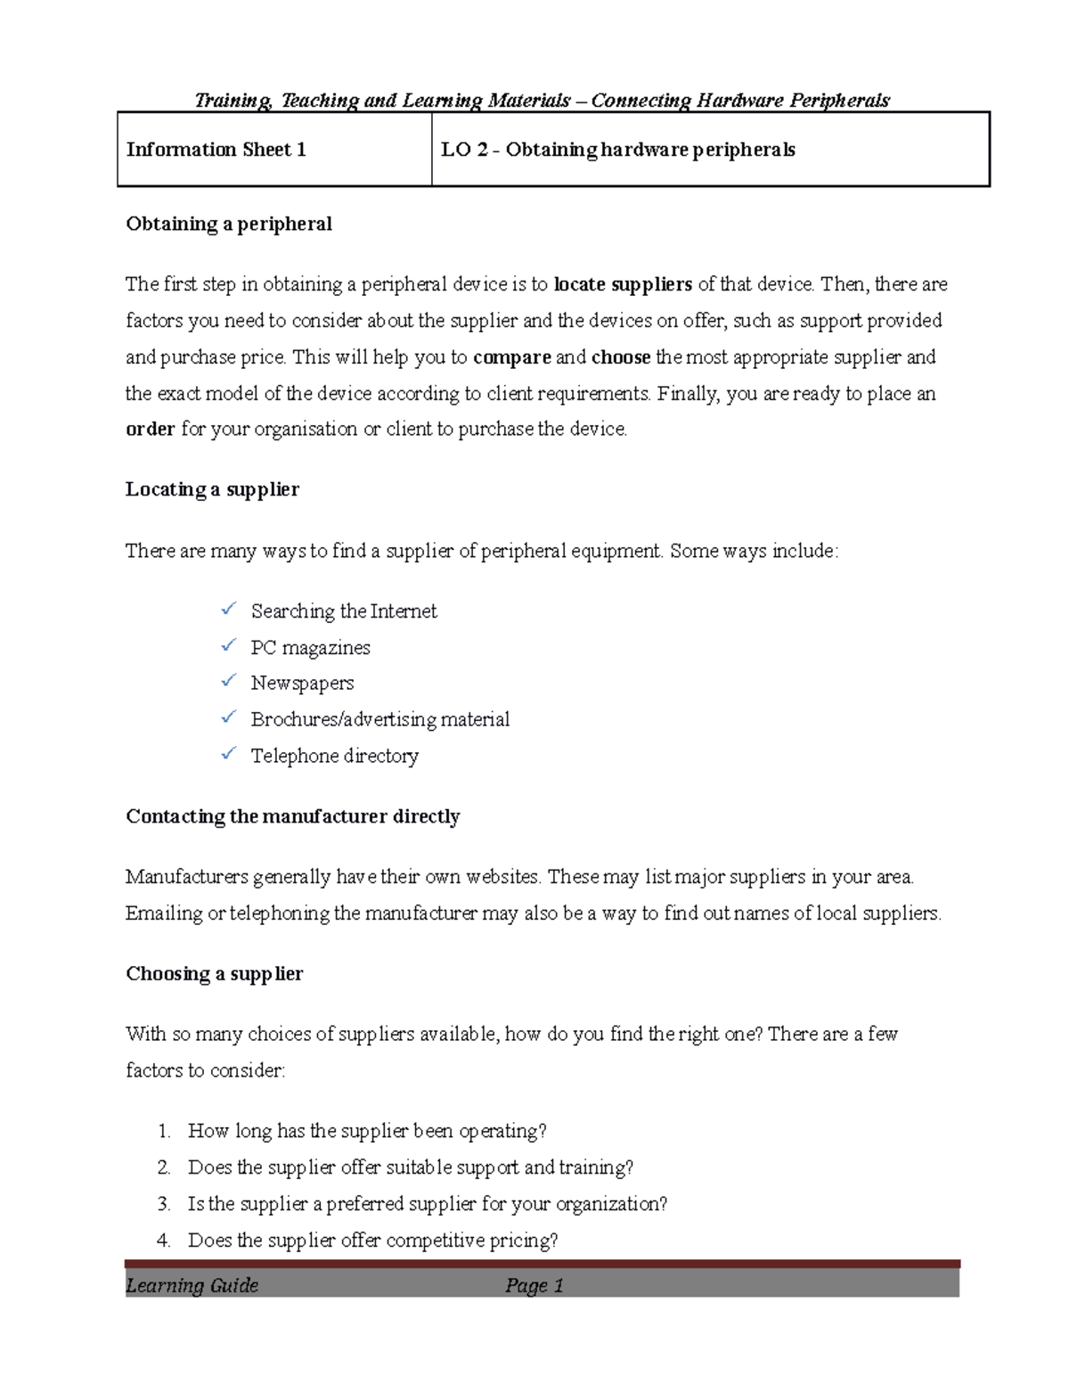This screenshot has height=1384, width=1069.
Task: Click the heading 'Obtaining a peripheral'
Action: click(x=229, y=224)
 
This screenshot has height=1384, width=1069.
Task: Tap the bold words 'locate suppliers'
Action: click(x=623, y=284)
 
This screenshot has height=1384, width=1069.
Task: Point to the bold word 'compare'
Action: click(x=511, y=357)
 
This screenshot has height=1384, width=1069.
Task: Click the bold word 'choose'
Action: click(x=621, y=357)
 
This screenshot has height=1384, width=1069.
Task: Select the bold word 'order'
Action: click(x=150, y=430)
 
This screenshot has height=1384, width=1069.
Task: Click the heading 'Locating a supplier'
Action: click(x=212, y=489)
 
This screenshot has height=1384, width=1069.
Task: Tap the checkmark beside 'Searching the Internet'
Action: click(x=229, y=610)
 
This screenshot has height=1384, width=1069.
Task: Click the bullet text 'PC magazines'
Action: click(x=310, y=648)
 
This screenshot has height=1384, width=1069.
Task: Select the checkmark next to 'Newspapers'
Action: click(x=229, y=682)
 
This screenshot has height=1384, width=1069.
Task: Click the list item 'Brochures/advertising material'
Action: click(x=379, y=719)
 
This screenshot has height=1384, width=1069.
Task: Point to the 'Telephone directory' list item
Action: click(x=334, y=756)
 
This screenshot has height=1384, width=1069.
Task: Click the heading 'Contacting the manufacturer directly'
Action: click(x=292, y=816)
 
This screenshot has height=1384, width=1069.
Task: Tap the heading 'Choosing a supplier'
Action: click(x=214, y=973)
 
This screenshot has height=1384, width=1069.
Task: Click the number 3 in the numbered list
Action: click(x=163, y=1204)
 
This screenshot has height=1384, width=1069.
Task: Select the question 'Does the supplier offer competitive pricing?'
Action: click(x=372, y=1241)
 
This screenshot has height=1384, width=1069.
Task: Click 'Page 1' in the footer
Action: click(x=534, y=1285)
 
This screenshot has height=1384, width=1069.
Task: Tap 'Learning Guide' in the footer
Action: click(x=192, y=1285)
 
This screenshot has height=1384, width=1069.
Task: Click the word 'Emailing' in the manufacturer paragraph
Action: click(x=164, y=913)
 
